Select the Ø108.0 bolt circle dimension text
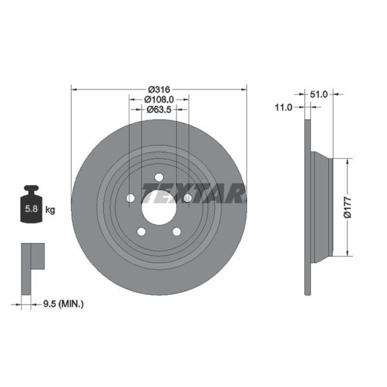(159, 99)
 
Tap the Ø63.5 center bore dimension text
(158, 110)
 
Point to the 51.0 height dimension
(319, 94)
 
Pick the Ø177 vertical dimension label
(348, 207)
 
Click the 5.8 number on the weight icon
(31, 210)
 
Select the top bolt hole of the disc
(159, 177)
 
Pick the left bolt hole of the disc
(130, 198)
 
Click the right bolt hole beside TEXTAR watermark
(187, 198)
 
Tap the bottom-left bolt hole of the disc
(141, 231)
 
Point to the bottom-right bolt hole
(176, 231)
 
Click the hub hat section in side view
(321, 207)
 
